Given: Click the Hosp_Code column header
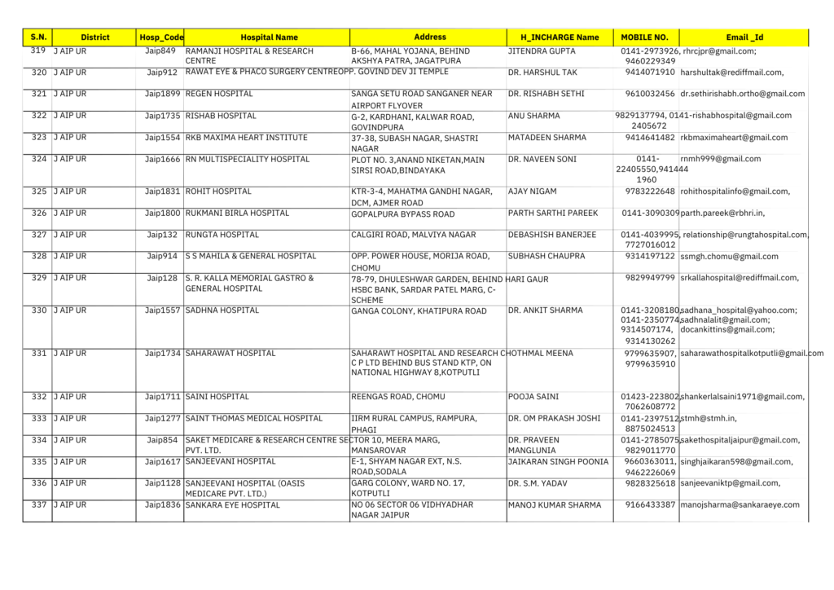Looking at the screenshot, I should (161, 37).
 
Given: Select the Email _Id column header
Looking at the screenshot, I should (744, 37).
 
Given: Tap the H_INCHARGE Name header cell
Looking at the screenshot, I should (559, 37).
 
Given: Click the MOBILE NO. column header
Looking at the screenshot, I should (644, 37).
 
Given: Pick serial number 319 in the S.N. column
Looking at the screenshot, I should (37, 51).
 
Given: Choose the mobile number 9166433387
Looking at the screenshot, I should (650, 505).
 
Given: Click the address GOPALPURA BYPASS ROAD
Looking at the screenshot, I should (402, 214).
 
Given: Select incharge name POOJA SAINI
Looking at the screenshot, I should (533, 397).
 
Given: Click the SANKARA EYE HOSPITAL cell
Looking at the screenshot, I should (232, 505).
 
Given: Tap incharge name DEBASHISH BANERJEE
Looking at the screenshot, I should (551, 235).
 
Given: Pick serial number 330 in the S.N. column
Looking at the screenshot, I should (37, 310).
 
